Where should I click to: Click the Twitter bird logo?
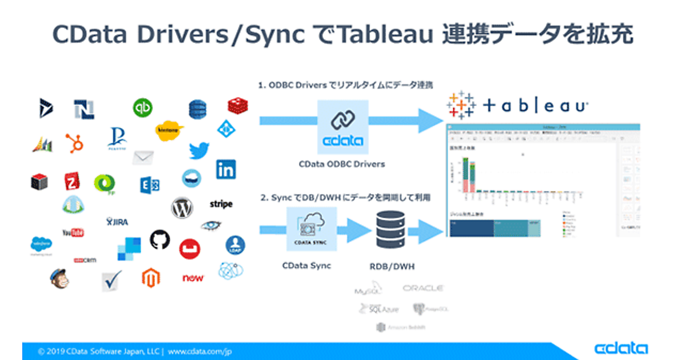pos(199,150)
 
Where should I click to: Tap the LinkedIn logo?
pos(226,169)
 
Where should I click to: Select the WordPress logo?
pos(182,208)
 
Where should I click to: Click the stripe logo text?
pos(221,204)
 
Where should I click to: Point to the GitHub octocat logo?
pos(160,239)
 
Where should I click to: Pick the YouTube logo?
pos(73,232)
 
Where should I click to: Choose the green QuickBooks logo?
pos(142,107)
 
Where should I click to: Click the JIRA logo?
pos(117,221)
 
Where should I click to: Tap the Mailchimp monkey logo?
pos(58,278)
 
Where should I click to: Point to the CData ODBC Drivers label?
pos(342,164)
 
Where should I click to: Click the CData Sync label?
pos(306,266)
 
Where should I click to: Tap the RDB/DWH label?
pos(392,266)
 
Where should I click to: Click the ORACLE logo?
pos(422,289)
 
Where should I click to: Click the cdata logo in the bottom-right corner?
pos(621,349)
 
